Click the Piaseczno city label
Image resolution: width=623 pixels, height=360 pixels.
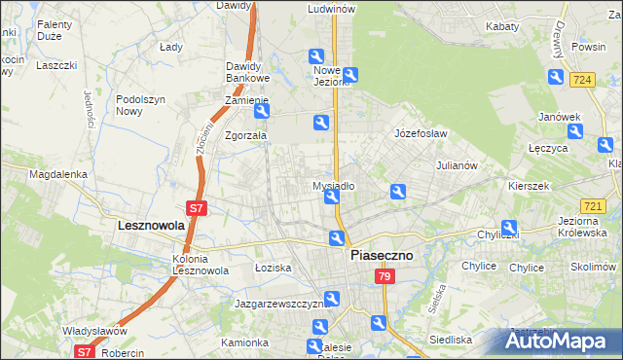pyautogui.click(x=381, y=255)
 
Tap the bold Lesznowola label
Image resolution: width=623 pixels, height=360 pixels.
pyautogui.click(x=137, y=225)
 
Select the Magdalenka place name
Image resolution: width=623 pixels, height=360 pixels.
pyautogui.click(x=58, y=175)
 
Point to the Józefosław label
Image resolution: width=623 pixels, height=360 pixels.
pyautogui.click(x=420, y=133)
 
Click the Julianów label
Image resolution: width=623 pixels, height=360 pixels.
pyautogui.click(x=456, y=165)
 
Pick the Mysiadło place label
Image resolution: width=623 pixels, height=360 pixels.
pyautogui.click(x=333, y=185)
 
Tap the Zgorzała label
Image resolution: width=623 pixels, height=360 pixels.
pyautogui.click(x=245, y=136)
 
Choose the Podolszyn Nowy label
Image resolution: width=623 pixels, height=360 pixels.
pyautogui.click(x=142, y=105)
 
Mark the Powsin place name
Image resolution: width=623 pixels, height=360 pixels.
pyautogui.click(x=589, y=47)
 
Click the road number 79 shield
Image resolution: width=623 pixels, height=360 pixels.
pyautogui.click(x=383, y=278)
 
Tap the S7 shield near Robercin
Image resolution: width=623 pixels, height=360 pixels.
pyautogui.click(x=85, y=353)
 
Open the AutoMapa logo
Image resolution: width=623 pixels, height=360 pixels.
pyautogui.click(x=560, y=341)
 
